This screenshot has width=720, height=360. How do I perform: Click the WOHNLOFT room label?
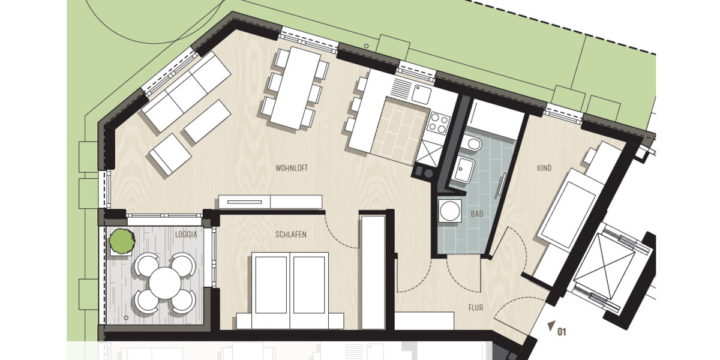point(292,168)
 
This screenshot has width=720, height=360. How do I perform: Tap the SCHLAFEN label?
point(291,235)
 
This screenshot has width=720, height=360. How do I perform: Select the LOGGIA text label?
point(186,235)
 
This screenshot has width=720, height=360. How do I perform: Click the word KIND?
point(544,169)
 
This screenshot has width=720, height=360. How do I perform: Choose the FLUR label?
point(476,308)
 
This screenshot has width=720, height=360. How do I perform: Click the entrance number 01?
point(562,330)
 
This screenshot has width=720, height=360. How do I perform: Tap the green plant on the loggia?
point(122,241)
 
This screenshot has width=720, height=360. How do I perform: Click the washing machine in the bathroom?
point(448,211)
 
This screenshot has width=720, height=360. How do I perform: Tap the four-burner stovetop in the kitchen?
point(439,124)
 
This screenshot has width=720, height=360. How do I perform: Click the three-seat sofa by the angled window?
point(187,91)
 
